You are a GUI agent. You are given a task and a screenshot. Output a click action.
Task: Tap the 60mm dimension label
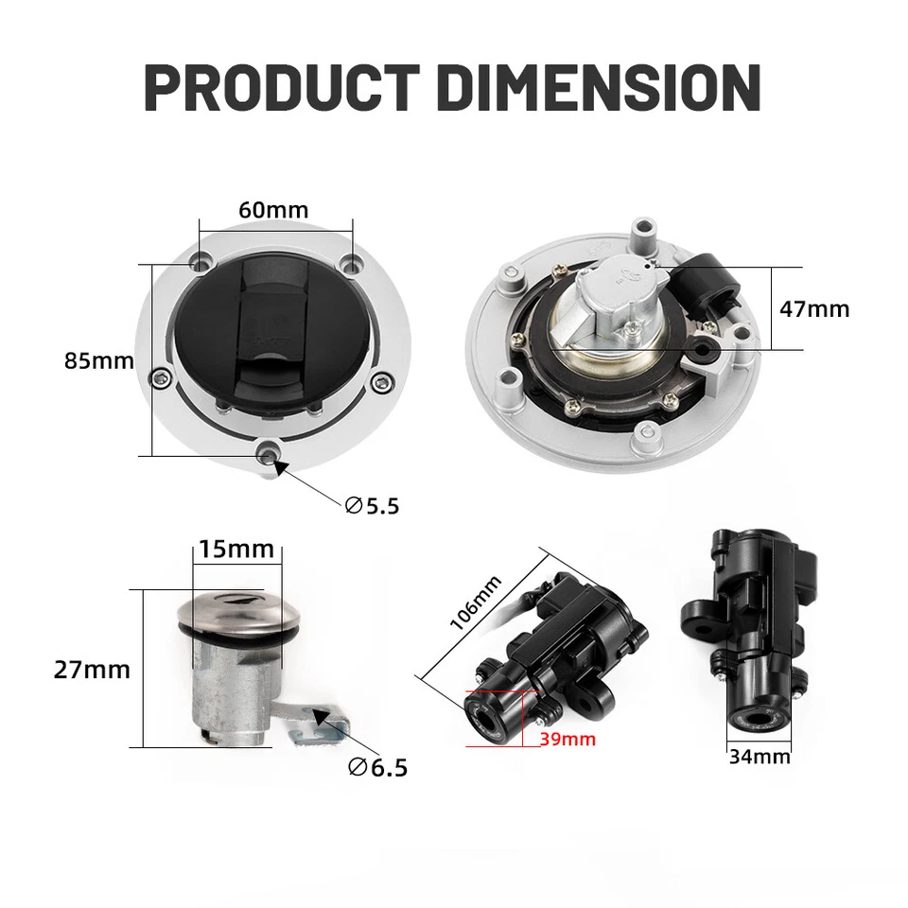tap(273, 209)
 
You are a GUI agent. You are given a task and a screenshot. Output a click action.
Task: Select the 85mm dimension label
tap(99, 360)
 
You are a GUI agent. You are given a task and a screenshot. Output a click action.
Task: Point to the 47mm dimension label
tap(814, 308)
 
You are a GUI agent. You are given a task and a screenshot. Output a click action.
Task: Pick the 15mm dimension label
tap(236, 549)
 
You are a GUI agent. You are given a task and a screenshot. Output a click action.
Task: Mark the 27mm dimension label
tap(92, 670)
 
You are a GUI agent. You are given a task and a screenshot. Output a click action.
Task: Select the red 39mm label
tap(567, 739)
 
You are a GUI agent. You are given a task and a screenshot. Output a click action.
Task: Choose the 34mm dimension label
tap(760, 757)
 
